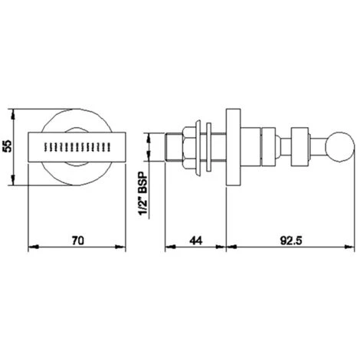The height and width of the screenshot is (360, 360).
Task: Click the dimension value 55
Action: [8, 146]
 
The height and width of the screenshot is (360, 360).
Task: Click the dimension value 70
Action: [77, 241]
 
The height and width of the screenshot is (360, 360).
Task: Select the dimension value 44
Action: [195, 241]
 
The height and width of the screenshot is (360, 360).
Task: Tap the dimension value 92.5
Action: [291, 241]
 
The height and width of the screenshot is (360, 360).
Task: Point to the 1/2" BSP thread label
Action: [144, 194]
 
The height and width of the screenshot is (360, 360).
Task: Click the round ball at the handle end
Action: [340, 147]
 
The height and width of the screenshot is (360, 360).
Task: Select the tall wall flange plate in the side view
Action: [234, 147]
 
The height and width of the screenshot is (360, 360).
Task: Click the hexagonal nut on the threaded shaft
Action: [189, 147]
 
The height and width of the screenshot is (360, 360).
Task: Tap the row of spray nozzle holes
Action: [77, 147]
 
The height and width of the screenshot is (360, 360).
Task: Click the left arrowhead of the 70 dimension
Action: [33, 247]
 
